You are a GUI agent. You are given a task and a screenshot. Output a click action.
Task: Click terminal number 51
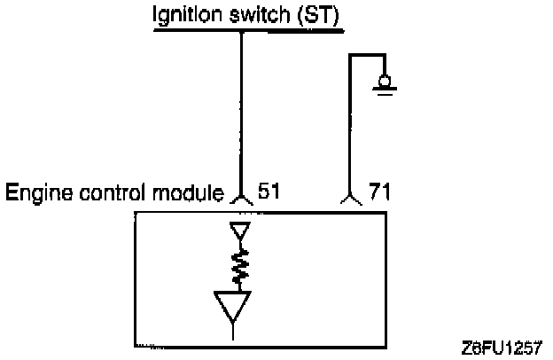click(269, 191)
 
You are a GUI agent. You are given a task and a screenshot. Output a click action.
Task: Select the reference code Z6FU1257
click(502, 346)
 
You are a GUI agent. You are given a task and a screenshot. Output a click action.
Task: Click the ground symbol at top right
click(386, 85)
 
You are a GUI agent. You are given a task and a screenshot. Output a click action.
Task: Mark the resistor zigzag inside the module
click(239, 265)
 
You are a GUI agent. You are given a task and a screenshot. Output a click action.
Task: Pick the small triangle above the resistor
click(240, 233)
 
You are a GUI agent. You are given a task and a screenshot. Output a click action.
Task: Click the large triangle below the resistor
click(232, 307)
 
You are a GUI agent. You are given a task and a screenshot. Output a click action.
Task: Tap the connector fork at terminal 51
click(241, 202)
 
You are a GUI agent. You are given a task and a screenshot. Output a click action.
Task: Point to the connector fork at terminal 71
click(350, 202)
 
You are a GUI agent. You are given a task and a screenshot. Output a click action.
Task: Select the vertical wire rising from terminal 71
click(350, 124)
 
